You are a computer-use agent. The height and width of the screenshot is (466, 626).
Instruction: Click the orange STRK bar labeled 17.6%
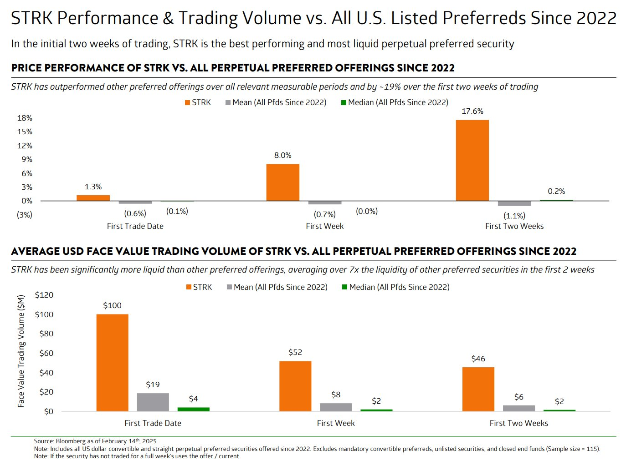pyautogui.click(x=472, y=160)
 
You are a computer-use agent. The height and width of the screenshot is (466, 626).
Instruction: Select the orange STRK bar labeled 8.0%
pyautogui.click(x=282, y=182)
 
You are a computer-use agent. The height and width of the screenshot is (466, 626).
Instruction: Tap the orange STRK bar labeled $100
pyautogui.click(x=112, y=363)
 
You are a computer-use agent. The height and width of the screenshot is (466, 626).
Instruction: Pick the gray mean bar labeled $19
pyautogui.click(x=153, y=402)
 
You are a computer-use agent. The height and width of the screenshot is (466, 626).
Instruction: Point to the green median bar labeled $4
pyautogui.click(x=193, y=409)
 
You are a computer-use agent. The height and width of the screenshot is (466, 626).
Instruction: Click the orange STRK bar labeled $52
pyautogui.click(x=295, y=386)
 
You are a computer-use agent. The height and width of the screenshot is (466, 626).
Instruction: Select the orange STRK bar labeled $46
pyautogui.click(x=478, y=389)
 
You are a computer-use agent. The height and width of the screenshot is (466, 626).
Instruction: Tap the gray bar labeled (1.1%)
pyautogui.click(x=514, y=203)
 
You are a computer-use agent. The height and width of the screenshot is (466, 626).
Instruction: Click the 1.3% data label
pyautogui.click(x=93, y=187)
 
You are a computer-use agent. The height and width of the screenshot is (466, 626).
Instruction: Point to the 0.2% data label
pyautogui.click(x=556, y=192)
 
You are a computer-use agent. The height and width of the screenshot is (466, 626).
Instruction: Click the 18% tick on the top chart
pyautogui.click(x=25, y=118)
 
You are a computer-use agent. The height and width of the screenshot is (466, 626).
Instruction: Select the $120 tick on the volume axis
pyautogui.click(x=44, y=295)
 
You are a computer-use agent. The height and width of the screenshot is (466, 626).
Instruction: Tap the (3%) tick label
pyautogui.click(x=25, y=215)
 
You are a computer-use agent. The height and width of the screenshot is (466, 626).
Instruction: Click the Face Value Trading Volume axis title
pyautogui.click(x=21, y=351)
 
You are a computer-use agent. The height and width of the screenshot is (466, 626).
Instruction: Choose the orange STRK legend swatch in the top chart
pyautogui.click(x=187, y=103)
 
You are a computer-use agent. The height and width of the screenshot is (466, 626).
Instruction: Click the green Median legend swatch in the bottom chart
pyautogui.click(x=344, y=287)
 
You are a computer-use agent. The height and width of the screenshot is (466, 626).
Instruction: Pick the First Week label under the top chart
pyautogui.click(x=324, y=226)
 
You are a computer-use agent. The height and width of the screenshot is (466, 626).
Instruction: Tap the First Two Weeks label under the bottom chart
pyautogui.click(x=518, y=423)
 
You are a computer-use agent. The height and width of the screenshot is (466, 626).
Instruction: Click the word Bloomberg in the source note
pyautogui.click(x=71, y=441)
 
